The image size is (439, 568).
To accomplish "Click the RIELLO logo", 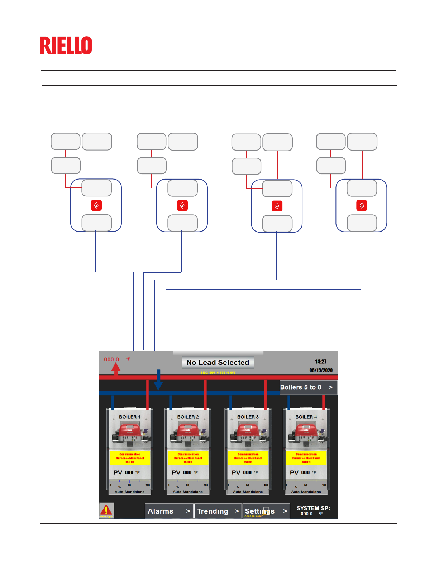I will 66,45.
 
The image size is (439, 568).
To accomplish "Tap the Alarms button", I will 169,511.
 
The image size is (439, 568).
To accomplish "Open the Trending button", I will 218,511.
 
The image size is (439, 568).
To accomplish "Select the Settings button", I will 266,511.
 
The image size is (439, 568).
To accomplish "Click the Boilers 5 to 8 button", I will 308,387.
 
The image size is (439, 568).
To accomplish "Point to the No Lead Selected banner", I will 218,362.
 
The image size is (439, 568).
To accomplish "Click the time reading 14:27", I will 321,362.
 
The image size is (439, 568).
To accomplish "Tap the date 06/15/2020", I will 321,370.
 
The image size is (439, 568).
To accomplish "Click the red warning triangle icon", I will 106,510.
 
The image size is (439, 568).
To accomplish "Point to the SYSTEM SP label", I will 313,508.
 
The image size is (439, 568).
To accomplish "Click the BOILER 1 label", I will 130,417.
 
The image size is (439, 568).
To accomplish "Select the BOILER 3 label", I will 248,417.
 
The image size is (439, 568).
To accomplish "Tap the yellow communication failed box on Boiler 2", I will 188,458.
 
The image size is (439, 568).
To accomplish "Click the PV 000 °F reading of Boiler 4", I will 303,472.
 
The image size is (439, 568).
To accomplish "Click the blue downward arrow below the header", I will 158,381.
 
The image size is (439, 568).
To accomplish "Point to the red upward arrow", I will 116,368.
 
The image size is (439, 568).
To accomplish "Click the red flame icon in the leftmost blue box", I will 96,205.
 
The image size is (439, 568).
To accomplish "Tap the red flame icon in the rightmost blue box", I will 362,205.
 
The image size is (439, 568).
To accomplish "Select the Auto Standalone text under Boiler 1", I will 130,492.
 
